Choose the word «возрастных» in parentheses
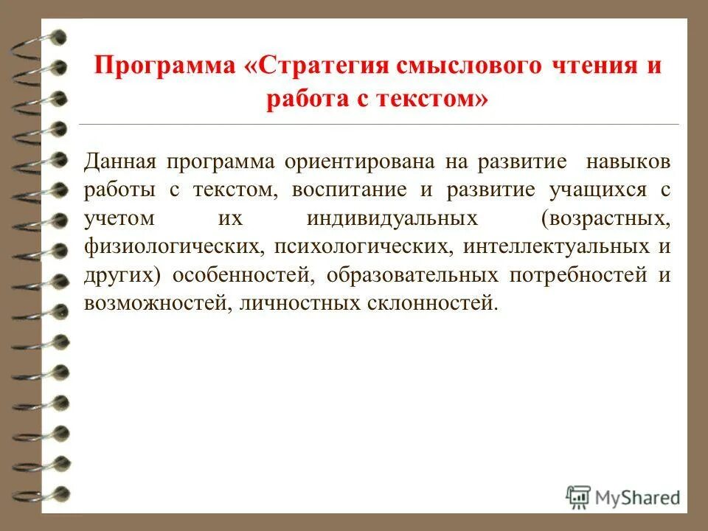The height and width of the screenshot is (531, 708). (605, 218)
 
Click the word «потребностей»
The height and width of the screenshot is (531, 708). (574, 274)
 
